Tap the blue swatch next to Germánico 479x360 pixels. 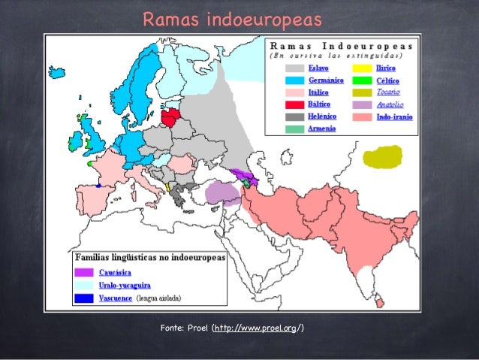tap(294, 80)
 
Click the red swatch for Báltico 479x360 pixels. tap(294, 104)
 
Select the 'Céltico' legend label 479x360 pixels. tap(387, 80)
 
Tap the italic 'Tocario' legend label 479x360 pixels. tap(387, 92)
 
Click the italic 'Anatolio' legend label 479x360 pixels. tap(388, 104)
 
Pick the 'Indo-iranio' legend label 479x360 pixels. tap(393, 116)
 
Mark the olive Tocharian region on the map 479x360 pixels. tap(381, 157)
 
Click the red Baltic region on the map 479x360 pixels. tap(170, 118)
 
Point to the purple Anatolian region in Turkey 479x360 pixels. tap(221, 192)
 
